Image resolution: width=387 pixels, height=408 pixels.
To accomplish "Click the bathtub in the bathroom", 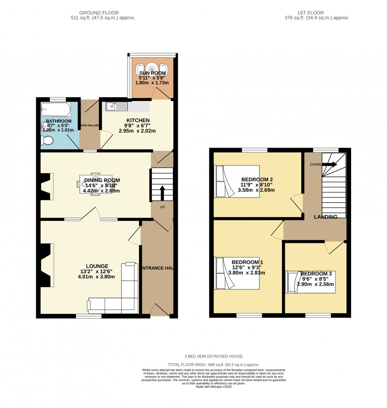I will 55,109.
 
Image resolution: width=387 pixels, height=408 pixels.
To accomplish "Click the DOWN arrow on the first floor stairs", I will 330,164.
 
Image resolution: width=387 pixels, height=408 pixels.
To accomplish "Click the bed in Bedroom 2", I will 237,181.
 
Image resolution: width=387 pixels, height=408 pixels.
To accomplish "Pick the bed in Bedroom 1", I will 237,273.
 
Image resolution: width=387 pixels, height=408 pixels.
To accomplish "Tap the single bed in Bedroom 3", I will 310,282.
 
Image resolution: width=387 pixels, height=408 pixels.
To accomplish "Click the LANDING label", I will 325,217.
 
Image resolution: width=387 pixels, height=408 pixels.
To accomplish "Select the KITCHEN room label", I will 138,120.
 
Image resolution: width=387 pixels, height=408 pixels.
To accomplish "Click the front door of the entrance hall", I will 160,312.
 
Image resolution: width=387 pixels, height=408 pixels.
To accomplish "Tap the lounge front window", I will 88,316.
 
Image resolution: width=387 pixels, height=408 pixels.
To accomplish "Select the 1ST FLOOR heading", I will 317,13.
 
